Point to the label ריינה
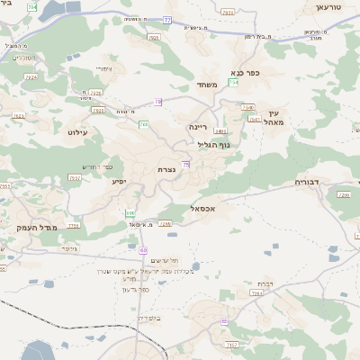198,128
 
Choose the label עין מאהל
274,116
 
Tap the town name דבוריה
309,181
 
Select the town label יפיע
119,181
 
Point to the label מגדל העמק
36,228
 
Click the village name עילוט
76,131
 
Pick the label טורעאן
330,6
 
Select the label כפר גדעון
137,289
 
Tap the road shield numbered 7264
256,293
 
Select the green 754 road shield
233,83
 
